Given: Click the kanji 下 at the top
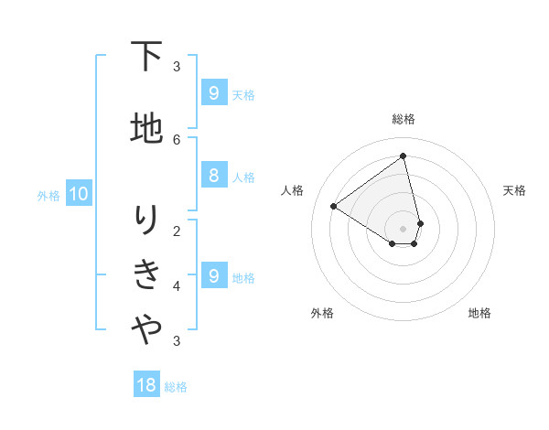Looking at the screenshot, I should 146,57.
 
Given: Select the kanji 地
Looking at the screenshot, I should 146,128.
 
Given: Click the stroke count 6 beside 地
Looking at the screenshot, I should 177,139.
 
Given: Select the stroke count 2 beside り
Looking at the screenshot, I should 177,231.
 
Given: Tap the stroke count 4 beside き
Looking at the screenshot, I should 177,286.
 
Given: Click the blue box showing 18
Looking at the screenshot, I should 146,385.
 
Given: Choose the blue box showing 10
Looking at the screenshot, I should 78,194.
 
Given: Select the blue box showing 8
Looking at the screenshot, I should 213,176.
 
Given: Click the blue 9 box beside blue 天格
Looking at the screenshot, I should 213,93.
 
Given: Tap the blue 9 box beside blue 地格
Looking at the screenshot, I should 213,276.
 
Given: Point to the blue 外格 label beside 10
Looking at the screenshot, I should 48,195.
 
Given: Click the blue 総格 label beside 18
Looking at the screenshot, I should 176,387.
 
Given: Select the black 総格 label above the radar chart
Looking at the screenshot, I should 404,119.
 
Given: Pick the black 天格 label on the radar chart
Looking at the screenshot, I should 514,190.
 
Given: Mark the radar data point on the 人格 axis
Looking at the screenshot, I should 333,206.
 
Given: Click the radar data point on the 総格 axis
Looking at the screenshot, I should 404,156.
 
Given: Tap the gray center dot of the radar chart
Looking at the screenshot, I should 404,229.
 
